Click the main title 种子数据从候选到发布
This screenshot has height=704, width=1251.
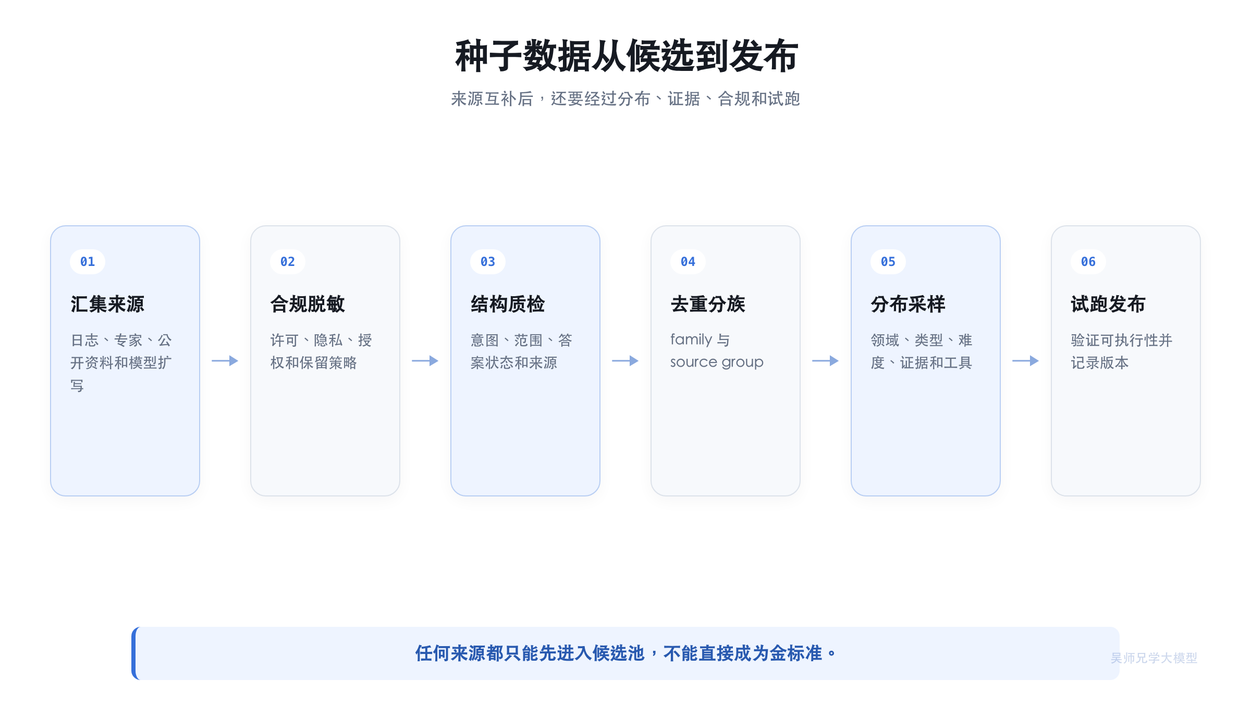626,56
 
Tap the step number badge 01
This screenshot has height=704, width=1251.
88,262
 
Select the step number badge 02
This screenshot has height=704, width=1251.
288,262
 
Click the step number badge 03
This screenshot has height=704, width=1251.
488,262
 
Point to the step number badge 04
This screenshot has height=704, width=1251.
688,262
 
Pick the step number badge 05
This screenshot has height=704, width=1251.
888,262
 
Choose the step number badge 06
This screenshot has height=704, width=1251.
1088,262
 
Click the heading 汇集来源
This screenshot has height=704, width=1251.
107,304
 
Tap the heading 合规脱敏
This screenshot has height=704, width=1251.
308,304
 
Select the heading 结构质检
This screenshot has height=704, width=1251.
508,304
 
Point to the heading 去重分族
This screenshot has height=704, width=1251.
708,304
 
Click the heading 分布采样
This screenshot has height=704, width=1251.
908,304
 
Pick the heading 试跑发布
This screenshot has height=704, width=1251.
1108,304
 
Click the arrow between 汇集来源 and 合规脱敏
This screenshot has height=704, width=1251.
225,361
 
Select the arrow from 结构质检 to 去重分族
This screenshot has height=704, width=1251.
625,361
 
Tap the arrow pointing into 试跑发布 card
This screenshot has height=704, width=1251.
1026,361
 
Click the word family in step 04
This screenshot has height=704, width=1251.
691,339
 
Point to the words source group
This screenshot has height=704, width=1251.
717,362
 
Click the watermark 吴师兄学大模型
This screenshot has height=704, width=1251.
1154,658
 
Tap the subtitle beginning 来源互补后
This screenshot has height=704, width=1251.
625,99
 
